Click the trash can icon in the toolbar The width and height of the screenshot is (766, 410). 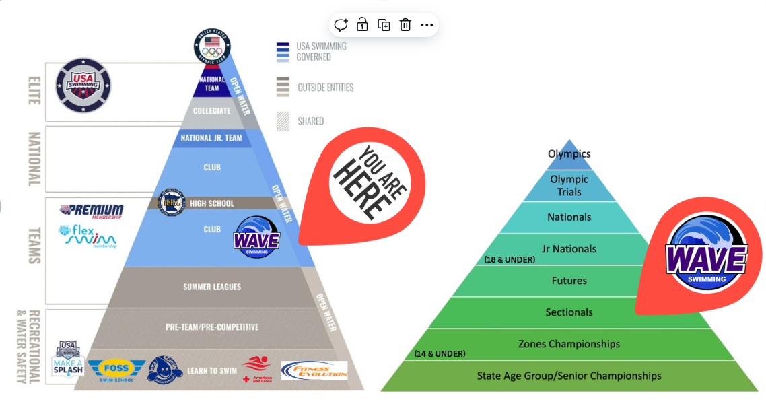[405, 25]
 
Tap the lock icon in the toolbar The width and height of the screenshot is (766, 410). [362, 25]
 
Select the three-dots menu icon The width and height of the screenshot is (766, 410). [427, 25]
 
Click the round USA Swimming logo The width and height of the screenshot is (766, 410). [83, 85]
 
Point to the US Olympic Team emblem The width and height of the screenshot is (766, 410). [212, 46]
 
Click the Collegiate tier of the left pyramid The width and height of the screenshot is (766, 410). [211, 111]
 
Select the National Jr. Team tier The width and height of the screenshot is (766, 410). [211, 139]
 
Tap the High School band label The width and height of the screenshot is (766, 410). [211, 203]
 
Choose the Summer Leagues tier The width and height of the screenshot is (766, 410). [212, 287]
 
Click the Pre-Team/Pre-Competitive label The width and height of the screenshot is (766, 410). [212, 327]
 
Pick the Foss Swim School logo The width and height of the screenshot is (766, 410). [116, 370]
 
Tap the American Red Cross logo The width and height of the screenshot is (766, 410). [256, 369]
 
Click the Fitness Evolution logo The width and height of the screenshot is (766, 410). [314, 370]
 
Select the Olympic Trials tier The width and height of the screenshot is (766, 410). [569, 185]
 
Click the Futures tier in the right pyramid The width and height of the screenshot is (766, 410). [569, 281]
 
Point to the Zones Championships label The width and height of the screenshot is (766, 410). [569, 344]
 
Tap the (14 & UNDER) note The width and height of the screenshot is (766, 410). [440, 353]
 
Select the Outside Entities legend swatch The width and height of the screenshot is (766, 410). [283, 87]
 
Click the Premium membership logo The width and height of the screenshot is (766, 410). [92, 211]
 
